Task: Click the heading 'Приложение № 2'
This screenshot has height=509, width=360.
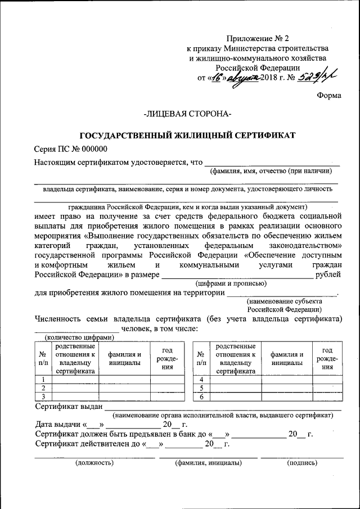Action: pyautogui.click(x=257, y=38)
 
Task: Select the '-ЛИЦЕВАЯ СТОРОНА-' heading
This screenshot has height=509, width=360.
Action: pyautogui.click(x=187, y=114)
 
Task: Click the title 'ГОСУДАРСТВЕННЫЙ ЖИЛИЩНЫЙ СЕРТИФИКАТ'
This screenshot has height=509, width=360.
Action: pyautogui.click(x=187, y=136)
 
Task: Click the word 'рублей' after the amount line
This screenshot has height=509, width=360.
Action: pyautogui.click(x=328, y=275)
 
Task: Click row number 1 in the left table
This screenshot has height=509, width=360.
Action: pyautogui.click(x=43, y=380)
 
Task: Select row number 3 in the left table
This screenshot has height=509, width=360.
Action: pyautogui.click(x=43, y=397)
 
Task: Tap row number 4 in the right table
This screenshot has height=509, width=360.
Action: pyautogui.click(x=201, y=380)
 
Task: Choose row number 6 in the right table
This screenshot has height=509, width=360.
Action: pyautogui.click(x=201, y=397)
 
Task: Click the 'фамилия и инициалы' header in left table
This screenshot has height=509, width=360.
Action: pyautogui.click(x=125, y=358)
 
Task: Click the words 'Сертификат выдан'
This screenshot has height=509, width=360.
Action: pyautogui.click(x=69, y=406)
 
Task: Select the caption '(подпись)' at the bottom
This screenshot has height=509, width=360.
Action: pyautogui.click(x=302, y=463)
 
